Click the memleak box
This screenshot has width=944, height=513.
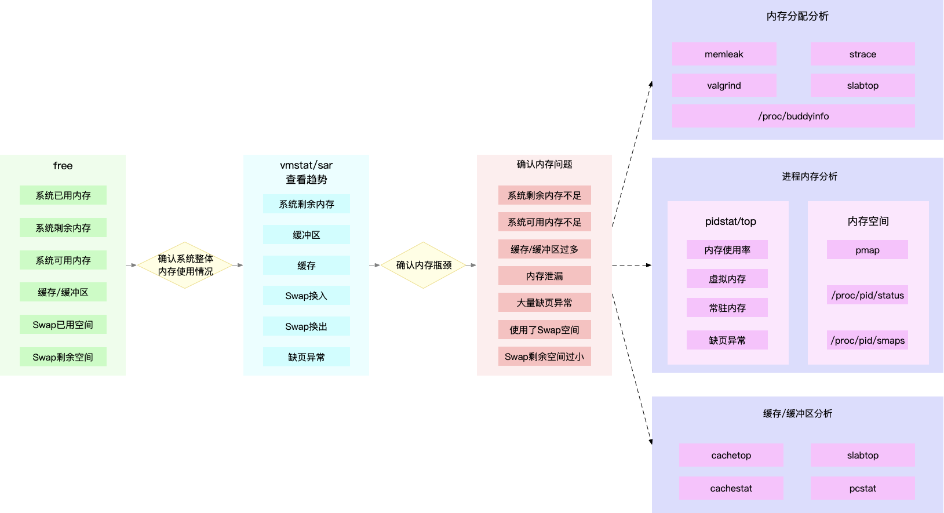click(x=724, y=54)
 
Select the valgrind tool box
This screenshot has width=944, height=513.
click(x=724, y=85)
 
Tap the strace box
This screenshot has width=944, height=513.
click(x=862, y=54)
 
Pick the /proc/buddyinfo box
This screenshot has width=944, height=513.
click(x=793, y=116)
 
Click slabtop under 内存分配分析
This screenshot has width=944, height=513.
click(x=862, y=85)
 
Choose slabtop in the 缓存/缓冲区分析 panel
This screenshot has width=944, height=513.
click(x=862, y=455)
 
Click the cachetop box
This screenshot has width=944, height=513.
click(x=731, y=455)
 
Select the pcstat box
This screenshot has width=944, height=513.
click(x=862, y=488)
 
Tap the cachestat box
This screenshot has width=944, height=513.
click(x=731, y=488)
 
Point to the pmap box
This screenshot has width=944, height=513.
click(x=867, y=250)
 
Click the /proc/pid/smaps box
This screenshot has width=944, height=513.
click(x=868, y=340)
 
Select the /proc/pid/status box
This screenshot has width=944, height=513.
click(x=868, y=295)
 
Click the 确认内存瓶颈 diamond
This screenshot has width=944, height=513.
click(x=424, y=265)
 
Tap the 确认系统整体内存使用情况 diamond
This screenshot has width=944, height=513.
click(x=185, y=265)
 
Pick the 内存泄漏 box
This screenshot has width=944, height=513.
click(x=544, y=276)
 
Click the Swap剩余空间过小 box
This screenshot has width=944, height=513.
click(x=544, y=356)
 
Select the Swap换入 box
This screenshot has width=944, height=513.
click(x=306, y=296)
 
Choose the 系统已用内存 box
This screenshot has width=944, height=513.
click(x=63, y=195)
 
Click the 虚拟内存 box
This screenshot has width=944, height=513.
click(x=727, y=279)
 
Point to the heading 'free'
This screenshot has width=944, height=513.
click(x=63, y=166)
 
